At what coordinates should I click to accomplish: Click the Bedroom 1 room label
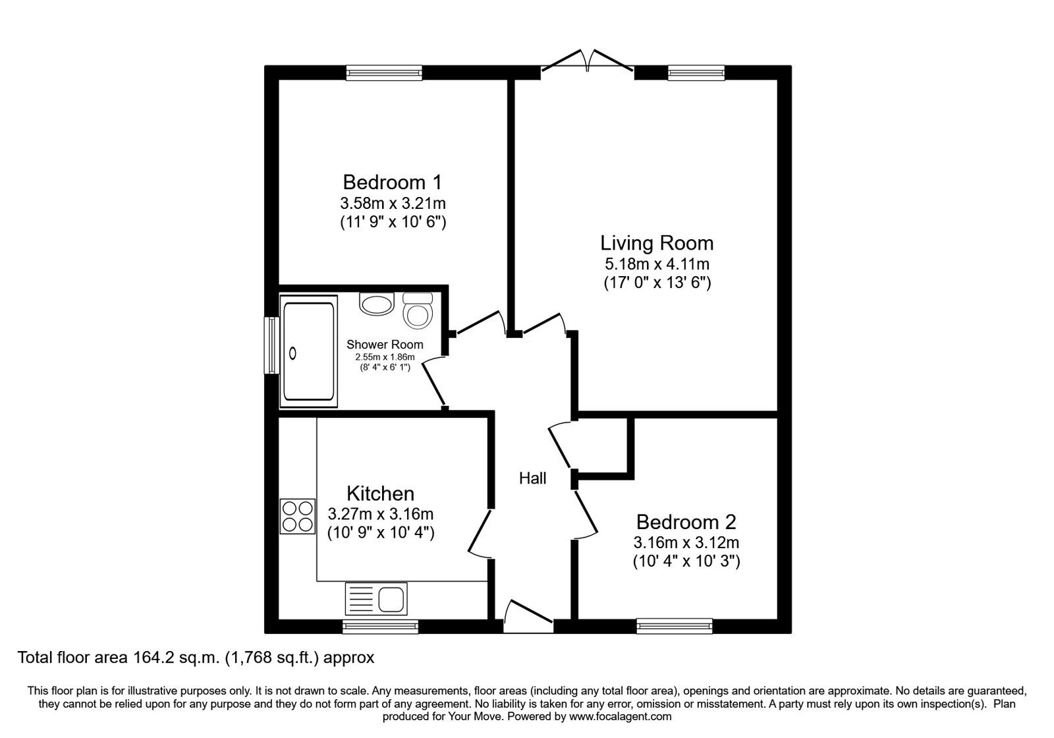tap(393, 182)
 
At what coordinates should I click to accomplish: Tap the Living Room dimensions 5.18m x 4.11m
tap(657, 264)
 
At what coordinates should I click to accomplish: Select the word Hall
tap(532, 478)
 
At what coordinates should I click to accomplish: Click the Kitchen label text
tap(380, 494)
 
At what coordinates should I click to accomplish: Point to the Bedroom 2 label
tap(686, 522)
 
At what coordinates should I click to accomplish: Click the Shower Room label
tap(385, 345)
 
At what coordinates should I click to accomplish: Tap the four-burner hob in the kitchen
tap(297, 517)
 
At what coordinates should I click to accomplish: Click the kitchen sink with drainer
tap(376, 599)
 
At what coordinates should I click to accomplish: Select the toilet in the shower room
tap(418, 310)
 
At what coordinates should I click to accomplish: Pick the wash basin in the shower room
tap(376, 304)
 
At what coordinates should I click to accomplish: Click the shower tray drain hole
tap(292, 354)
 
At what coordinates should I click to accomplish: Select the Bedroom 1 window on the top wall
tap(384, 72)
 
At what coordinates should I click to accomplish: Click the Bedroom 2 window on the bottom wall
tap(675, 626)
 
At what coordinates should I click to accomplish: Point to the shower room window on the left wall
tap(271, 345)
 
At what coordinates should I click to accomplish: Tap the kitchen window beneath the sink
tap(380, 626)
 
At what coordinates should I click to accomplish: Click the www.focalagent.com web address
tap(620, 716)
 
